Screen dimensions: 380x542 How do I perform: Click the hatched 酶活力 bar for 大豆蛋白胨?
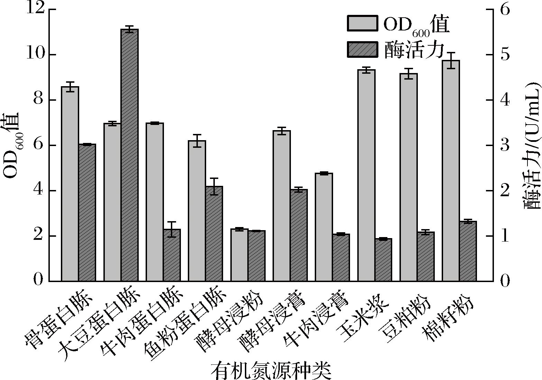pos(130,156)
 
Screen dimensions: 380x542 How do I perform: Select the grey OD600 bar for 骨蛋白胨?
pos(70,183)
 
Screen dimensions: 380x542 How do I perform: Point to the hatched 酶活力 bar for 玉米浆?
pos(383,260)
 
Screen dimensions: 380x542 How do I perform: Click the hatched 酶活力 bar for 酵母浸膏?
pos(299,235)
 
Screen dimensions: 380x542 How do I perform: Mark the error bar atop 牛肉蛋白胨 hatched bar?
pos(172,229)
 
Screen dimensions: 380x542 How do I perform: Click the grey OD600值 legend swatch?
pos(362,23)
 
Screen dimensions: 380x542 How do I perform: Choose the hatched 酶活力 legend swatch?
pos(362,49)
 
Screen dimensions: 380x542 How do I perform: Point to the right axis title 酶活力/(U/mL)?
pos(532,145)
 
